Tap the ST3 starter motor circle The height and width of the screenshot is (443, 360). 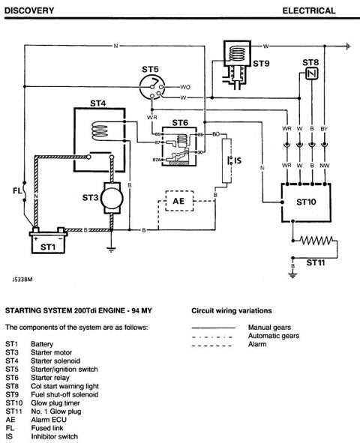coord(112,198)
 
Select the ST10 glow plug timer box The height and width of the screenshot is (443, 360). coord(306,202)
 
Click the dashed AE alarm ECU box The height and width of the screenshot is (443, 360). coord(179,201)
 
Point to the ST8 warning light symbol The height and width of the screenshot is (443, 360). coord(312,74)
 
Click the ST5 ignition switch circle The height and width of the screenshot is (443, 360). coord(152,87)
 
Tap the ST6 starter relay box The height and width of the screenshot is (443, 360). coord(179,146)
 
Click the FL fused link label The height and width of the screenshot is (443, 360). coord(17,191)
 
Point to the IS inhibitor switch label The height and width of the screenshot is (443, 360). coord(238,160)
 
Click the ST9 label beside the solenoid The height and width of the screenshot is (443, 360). coord(261,64)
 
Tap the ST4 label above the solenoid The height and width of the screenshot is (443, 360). coord(98,103)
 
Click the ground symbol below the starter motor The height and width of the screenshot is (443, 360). coord(112,249)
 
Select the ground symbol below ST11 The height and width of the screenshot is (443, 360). coord(292,275)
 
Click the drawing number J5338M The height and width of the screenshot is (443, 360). coord(22,280)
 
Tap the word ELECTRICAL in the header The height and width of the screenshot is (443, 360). coord(309,10)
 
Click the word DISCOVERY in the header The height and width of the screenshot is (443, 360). coord(29,10)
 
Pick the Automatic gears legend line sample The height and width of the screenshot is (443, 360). coord(212,337)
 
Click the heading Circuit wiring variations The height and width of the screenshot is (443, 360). coord(232,310)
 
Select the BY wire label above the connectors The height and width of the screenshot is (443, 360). coord(324,129)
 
